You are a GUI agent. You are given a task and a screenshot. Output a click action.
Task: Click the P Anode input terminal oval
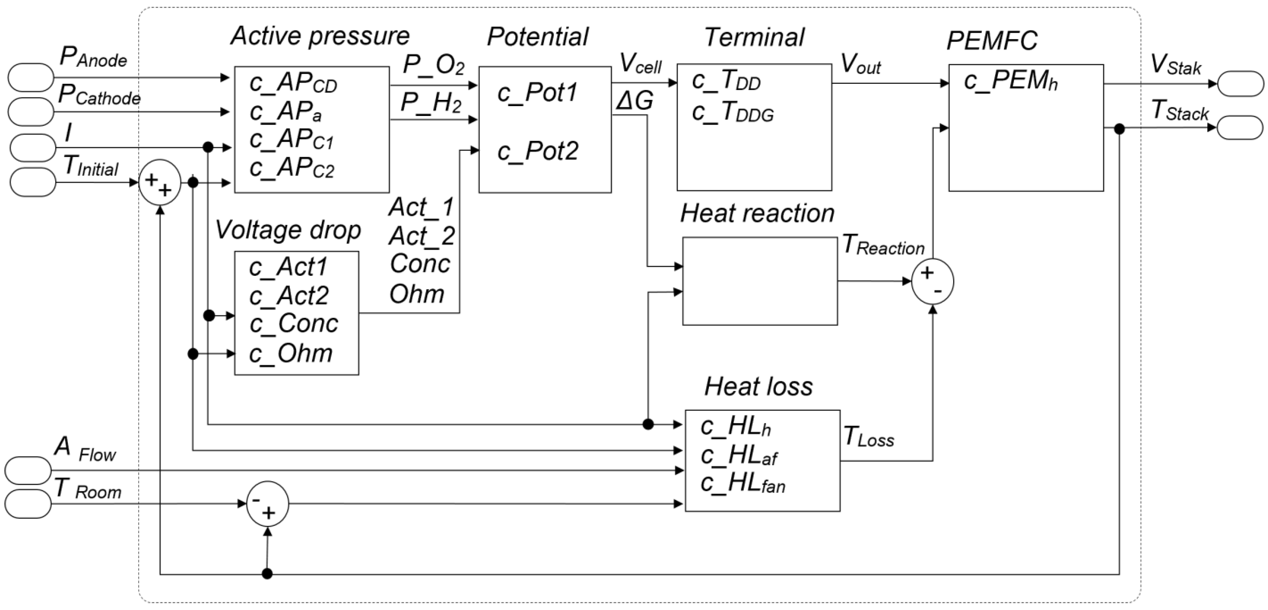coord(31,77)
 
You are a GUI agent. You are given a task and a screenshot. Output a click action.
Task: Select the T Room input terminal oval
coord(28,504)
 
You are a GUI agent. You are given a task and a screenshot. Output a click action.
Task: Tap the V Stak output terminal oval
coord(1240,84)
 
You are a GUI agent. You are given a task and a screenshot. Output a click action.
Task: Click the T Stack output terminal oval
coord(1240,128)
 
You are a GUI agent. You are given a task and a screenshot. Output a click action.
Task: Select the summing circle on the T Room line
coord(267,504)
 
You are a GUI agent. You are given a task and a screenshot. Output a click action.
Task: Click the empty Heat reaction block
coord(760,281)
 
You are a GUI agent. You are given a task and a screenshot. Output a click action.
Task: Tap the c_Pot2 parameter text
coord(538,151)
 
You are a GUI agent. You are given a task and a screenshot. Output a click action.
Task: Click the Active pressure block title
coord(320,36)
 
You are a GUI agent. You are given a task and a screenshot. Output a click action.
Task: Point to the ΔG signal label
coord(634,101)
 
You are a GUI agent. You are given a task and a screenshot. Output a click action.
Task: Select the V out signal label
coord(860,65)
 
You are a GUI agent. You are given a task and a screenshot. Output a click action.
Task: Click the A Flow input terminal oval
coord(28,471)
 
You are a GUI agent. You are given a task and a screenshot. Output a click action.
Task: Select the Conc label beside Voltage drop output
coord(420,264)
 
